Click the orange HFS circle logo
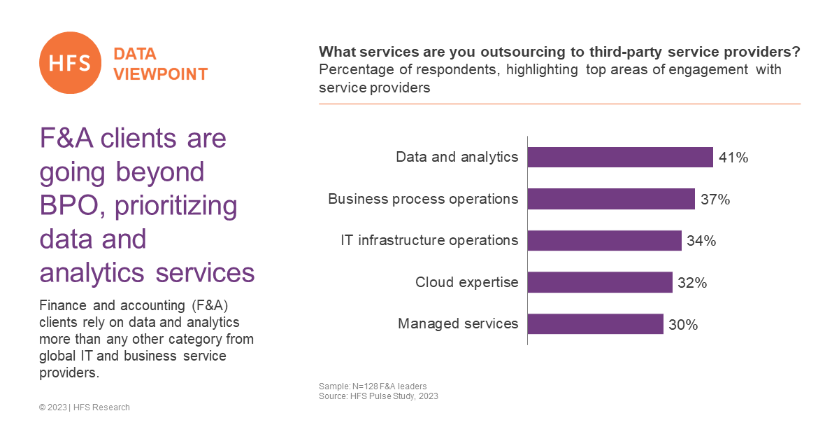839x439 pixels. tap(70, 62)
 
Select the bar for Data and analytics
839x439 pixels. tap(620, 157)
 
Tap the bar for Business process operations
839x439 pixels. tap(611, 199)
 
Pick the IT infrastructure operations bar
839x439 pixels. tap(605, 241)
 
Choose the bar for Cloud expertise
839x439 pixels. tap(600, 282)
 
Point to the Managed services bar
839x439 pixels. tap(596, 323)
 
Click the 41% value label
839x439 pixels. tap(733, 158)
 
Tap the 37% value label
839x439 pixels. tap(715, 200)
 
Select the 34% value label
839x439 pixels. tap(701, 241)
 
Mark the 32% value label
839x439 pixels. tap(692, 283)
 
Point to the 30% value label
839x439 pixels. tap(683, 325)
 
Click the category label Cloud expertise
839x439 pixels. tap(467, 282)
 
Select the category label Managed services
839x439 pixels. tap(458, 323)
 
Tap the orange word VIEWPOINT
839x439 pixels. tap(161, 74)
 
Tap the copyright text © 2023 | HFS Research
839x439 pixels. tap(85, 407)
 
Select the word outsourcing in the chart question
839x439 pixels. tap(523, 52)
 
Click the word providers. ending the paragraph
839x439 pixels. tap(69, 373)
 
